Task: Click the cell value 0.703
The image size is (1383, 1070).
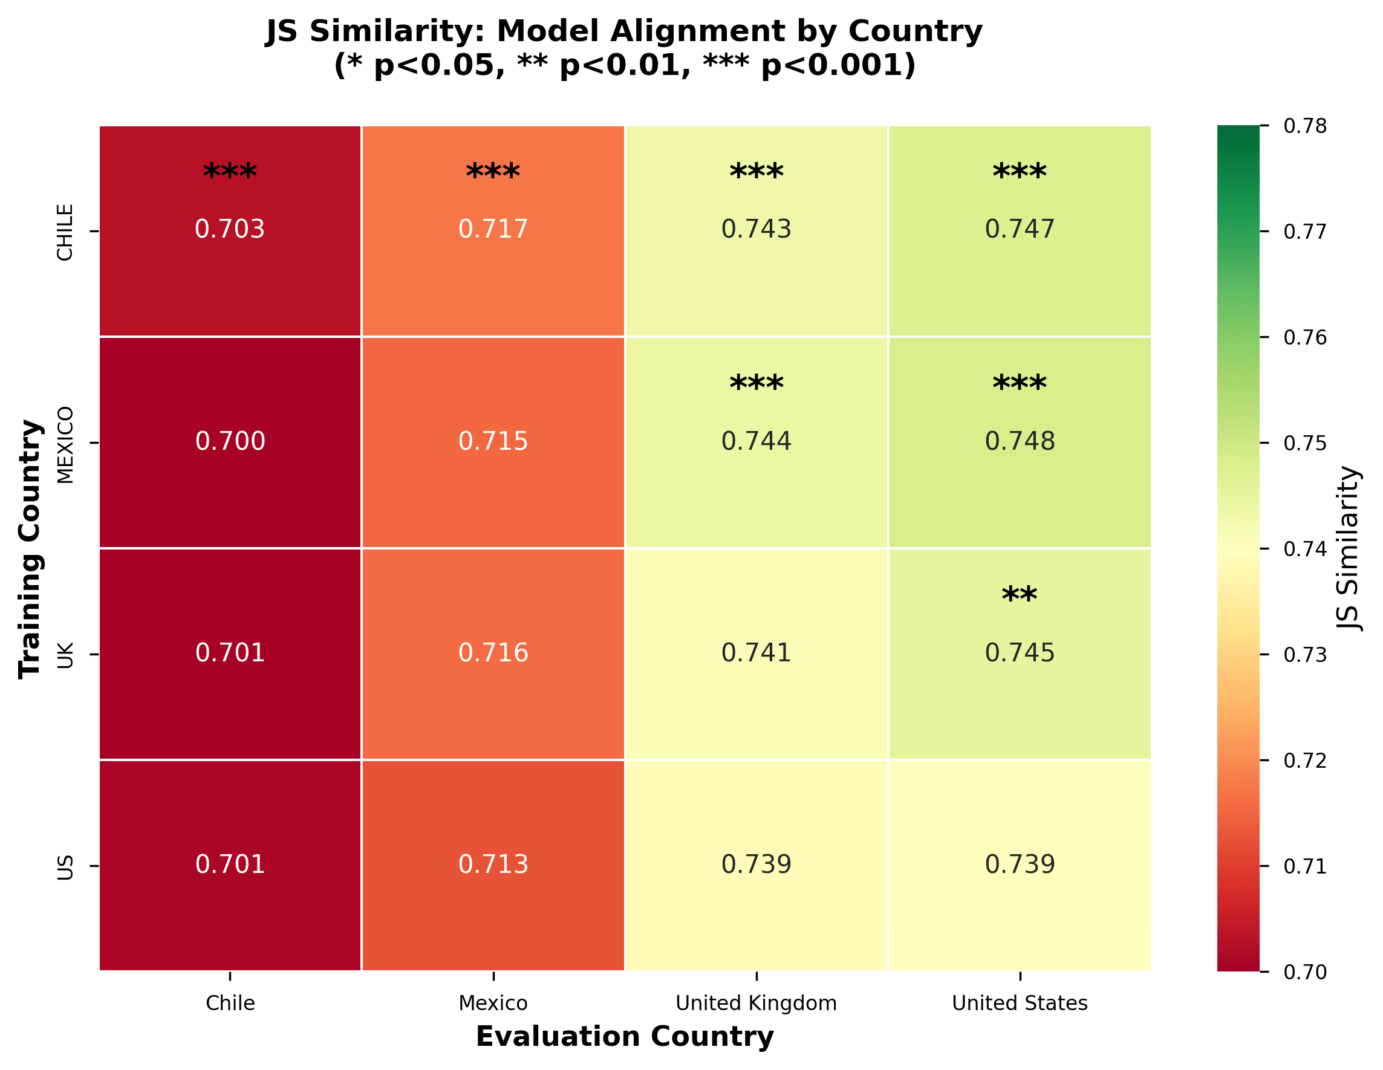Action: pyautogui.click(x=229, y=229)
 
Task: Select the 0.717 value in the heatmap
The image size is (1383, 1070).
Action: pyautogui.click(x=493, y=229)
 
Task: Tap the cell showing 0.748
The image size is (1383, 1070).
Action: pyautogui.click(x=1020, y=441)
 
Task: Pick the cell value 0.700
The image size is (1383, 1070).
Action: pyautogui.click(x=229, y=441)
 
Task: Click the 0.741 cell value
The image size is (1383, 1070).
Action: pyautogui.click(x=756, y=652)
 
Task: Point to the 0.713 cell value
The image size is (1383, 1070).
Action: pyautogui.click(x=493, y=864)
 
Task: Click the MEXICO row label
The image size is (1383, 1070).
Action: pyautogui.click(x=65, y=444)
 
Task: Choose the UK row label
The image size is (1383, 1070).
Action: pyautogui.click(x=65, y=655)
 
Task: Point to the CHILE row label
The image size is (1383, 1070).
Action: pyautogui.click(x=65, y=232)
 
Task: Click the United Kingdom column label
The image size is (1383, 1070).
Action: pyautogui.click(x=756, y=1003)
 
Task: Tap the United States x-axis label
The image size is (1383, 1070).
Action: pyautogui.click(x=1020, y=1003)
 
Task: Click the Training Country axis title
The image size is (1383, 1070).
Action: pyautogui.click(x=30, y=548)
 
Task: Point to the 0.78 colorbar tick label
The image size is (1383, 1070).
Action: pyautogui.click(x=1305, y=126)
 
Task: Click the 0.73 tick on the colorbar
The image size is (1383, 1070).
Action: pyautogui.click(x=1305, y=655)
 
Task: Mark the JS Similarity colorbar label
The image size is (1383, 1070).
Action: pyautogui.click(x=1349, y=548)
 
